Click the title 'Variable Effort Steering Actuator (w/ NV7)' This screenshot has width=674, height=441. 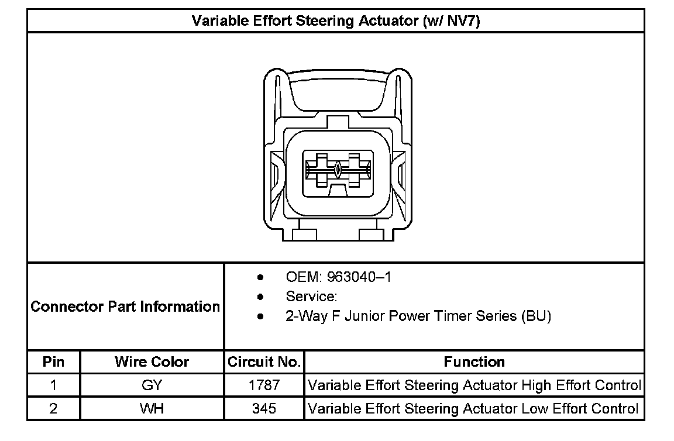[x=336, y=21]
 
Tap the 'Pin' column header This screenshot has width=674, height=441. [x=53, y=362]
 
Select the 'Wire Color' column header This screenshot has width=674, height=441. [x=152, y=362]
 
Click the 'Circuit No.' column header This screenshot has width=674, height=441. [x=264, y=362]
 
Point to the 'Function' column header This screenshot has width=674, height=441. [x=474, y=362]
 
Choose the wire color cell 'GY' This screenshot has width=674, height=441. [x=152, y=385]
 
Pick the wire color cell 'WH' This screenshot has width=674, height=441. [x=152, y=408]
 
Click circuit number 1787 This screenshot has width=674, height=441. [x=264, y=385]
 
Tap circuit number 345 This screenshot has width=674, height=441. [x=264, y=408]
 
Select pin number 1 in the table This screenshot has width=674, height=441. [x=53, y=385]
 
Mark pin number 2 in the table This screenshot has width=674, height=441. [x=53, y=408]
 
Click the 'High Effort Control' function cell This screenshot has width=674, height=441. [x=474, y=385]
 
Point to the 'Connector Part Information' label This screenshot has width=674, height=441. [x=125, y=306]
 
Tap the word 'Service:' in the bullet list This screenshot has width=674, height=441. [x=311, y=297]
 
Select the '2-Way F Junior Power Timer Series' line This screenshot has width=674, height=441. [x=418, y=316]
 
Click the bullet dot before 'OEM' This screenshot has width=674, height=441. [x=260, y=277]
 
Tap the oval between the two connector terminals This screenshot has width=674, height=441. [x=338, y=170]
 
